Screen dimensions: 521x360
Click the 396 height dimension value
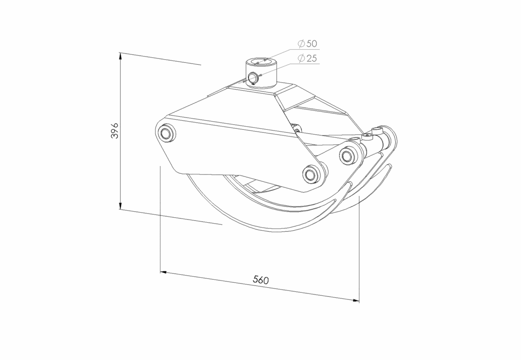pyautogui.click(x=115, y=131)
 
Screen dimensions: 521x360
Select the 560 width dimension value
pyautogui.click(x=260, y=280)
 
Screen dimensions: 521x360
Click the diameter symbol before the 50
pyautogui.click(x=301, y=44)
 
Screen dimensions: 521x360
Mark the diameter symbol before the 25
pyautogui.click(x=301, y=58)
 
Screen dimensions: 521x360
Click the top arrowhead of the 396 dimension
pyautogui.click(x=120, y=57)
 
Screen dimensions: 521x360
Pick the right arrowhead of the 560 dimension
pyautogui.click(x=356, y=301)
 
